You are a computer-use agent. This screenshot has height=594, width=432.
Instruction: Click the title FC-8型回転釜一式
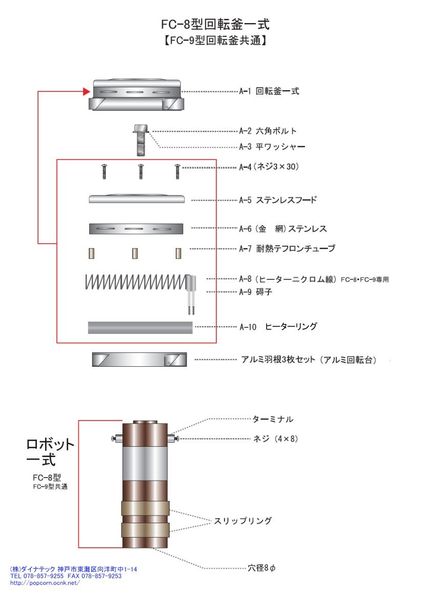[x=215, y=24]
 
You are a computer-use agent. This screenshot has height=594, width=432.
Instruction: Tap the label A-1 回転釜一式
[x=269, y=92]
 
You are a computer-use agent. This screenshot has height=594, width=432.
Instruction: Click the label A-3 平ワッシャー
[x=272, y=147]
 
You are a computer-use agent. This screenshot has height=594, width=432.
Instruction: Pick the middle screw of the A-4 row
[x=140, y=171]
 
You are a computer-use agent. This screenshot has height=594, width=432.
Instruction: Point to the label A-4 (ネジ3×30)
[x=269, y=167]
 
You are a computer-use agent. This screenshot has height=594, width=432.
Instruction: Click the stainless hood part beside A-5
[x=136, y=199]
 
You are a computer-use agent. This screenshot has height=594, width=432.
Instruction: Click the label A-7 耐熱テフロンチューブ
[x=287, y=249]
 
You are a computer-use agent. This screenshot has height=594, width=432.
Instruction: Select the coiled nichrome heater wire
[x=136, y=282]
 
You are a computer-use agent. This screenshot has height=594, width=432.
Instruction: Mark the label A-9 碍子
[x=257, y=291]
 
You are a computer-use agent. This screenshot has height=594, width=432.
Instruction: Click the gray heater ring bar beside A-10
[x=140, y=327]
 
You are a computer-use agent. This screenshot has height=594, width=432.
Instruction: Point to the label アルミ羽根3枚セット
[x=308, y=360]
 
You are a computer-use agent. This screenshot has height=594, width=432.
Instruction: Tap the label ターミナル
[x=273, y=419]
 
